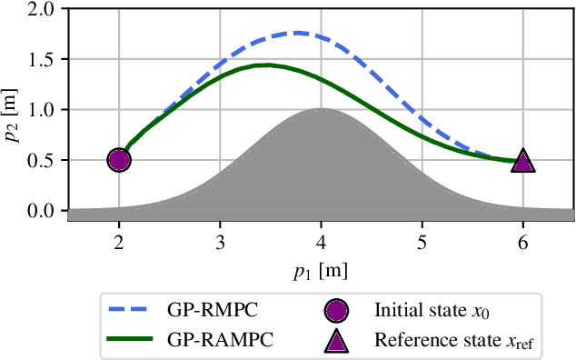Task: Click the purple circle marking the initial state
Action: coord(119,160)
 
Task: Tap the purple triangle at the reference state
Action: coord(523,162)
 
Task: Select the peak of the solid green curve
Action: coord(266,65)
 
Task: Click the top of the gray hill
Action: coord(321,108)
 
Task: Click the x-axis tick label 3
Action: coord(220,243)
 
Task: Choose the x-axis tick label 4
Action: coord(321,243)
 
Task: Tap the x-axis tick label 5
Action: coord(422,243)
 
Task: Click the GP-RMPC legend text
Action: coord(210,312)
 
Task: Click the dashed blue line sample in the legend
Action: coord(133,312)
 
